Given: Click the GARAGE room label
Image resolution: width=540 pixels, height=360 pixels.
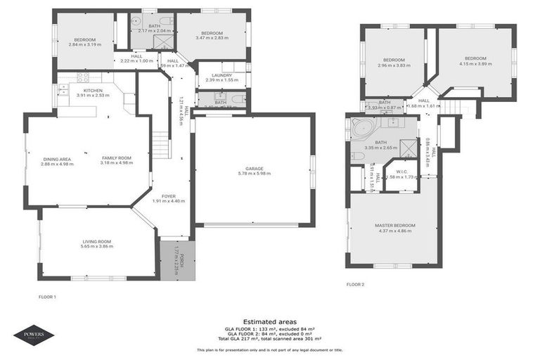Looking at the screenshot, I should pyautogui.click(x=253, y=169).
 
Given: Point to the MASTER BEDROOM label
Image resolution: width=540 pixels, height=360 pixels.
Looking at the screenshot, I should pyautogui.click(x=394, y=225).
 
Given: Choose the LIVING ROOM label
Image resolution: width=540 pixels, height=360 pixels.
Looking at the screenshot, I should pyautogui.click(x=96, y=241).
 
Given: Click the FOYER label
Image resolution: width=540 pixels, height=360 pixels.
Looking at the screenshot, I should pyautogui.click(x=168, y=196).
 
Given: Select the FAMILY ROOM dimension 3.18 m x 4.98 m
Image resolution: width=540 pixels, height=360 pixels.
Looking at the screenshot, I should pyautogui.click(x=117, y=163).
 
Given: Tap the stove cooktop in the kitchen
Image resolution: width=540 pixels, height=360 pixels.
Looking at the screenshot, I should pyautogui.click(x=83, y=77).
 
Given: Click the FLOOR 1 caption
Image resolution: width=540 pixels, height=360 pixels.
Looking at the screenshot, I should pyautogui.click(x=46, y=297).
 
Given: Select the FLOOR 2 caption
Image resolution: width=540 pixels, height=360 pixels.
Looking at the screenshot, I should pyautogui.click(x=355, y=285).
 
